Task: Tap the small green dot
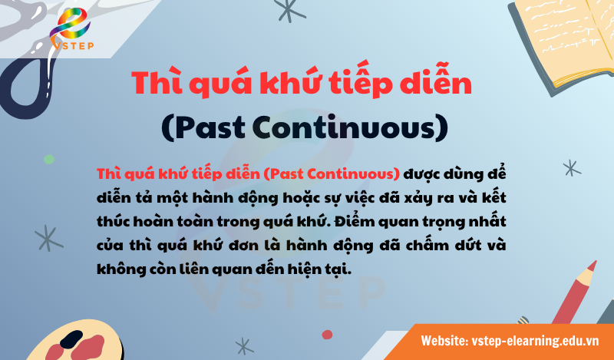pos(49,159)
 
